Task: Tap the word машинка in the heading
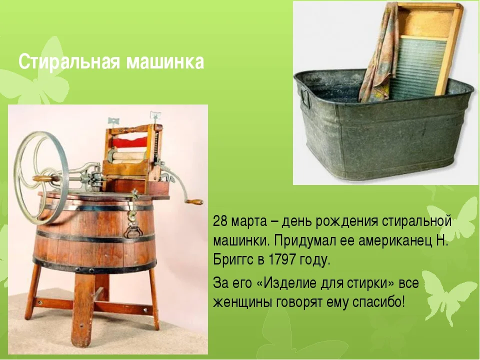pyautogui.click(x=165, y=62)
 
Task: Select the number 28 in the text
pyautogui.click(x=220, y=221)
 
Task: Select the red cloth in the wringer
pyautogui.click(x=130, y=143)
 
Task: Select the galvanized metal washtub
pyautogui.click(x=382, y=125)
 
